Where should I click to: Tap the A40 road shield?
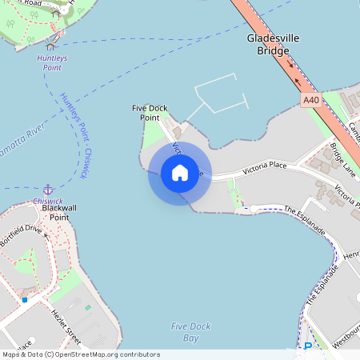point(311,100)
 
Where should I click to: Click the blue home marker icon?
point(179,172)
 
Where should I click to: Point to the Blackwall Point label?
point(59,212)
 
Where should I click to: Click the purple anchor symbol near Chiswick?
point(47,190)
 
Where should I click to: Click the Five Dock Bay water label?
point(185,331)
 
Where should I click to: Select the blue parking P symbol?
point(308,346)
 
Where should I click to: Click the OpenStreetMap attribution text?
point(80,354)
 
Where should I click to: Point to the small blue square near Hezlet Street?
point(25,299)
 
